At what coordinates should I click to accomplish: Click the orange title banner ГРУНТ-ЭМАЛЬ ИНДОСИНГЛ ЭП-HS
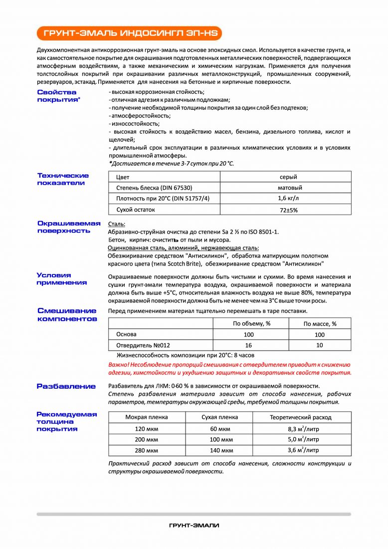click(129, 33)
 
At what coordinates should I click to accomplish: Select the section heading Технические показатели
click(63, 179)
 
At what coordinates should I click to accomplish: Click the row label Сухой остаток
click(135, 210)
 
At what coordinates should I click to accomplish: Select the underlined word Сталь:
click(117, 224)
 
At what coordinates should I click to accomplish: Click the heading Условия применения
click(61, 278)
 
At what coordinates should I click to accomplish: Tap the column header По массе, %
click(320, 324)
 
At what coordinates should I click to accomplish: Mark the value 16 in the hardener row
click(249, 345)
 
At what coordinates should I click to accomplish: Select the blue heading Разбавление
click(66, 386)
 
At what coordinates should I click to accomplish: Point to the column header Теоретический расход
click(300, 417)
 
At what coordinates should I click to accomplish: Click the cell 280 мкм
click(146, 450)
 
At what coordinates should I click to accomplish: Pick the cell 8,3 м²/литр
click(303, 429)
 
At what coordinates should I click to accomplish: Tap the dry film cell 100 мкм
click(220, 440)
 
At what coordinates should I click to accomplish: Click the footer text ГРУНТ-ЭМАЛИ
click(194, 526)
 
